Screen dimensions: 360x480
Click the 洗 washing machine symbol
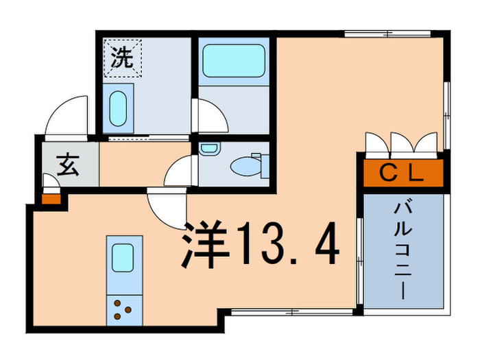point(122,58)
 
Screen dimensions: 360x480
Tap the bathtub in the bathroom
point(232,62)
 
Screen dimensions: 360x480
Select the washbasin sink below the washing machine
point(119,107)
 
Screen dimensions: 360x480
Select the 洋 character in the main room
point(205,245)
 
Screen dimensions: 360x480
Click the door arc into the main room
point(167,210)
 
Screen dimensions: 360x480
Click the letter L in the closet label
point(416,173)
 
